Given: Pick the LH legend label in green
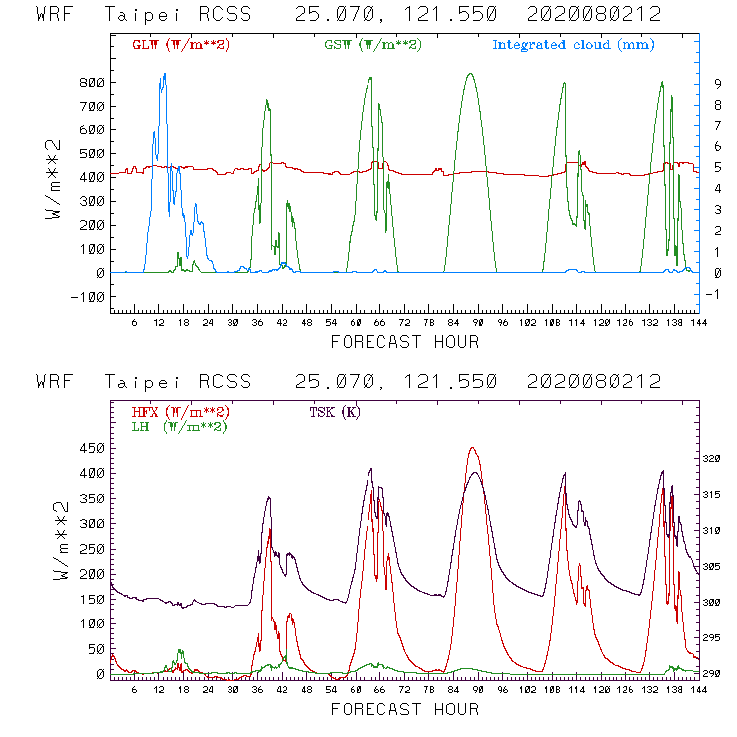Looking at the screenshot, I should [x=178, y=426].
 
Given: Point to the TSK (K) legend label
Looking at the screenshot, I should [x=334, y=412].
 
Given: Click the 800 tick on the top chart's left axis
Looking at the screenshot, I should [x=92, y=82].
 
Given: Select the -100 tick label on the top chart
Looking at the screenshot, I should [x=88, y=297].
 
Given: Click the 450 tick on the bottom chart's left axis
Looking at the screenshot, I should [x=92, y=448].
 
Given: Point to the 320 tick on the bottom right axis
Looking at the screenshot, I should [x=711, y=460].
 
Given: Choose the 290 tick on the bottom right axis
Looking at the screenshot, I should [x=711, y=674].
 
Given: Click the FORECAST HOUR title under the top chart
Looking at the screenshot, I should [x=404, y=342].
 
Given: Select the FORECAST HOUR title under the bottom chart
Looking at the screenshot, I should [x=404, y=709].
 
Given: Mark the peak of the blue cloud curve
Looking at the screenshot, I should [x=165, y=74].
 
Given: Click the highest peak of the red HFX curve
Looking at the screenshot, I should [x=472, y=448].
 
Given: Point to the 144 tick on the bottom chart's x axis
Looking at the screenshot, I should [x=696, y=690].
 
